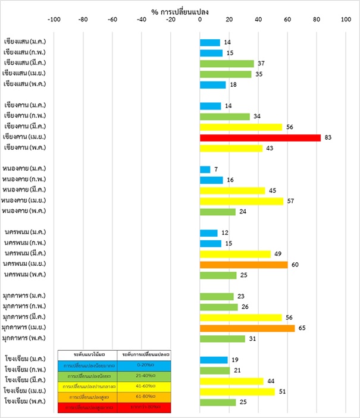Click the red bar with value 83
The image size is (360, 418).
[x=260, y=137]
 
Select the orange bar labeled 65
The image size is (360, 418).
[x=247, y=328]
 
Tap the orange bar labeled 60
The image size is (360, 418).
[x=243, y=264]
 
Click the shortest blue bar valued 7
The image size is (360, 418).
[x=205, y=169]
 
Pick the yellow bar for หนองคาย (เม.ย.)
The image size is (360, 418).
[x=242, y=201]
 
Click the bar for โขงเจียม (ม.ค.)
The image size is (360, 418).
[x=214, y=360]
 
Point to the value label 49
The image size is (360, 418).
[x=278, y=254]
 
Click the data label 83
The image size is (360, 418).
[x=328, y=138]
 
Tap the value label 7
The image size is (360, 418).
[x=216, y=169]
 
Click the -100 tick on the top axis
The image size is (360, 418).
[x=54, y=20]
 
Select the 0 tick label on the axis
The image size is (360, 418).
[x=200, y=20]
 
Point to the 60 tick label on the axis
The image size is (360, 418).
[x=287, y=20]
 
